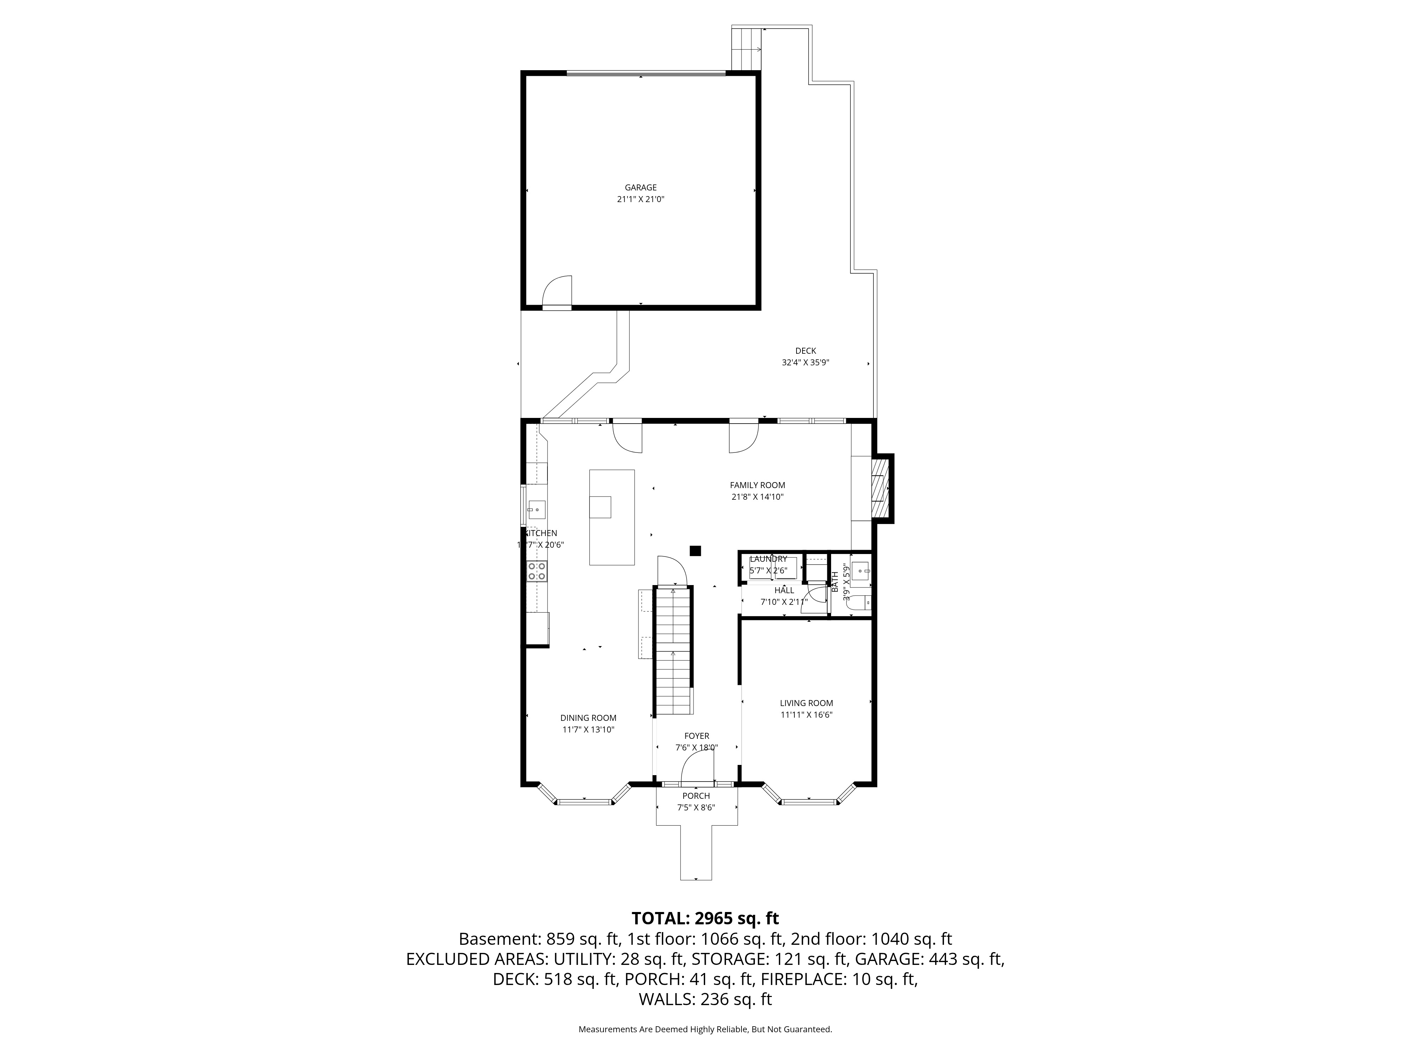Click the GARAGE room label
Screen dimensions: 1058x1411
pyautogui.click(x=641, y=188)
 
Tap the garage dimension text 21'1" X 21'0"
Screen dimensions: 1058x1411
pyautogui.click(x=641, y=199)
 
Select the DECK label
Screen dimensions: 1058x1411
pyautogui.click(x=805, y=351)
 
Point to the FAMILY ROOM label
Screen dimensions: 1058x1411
pyautogui.click(x=757, y=485)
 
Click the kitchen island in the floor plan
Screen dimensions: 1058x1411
pyautogui.click(x=612, y=517)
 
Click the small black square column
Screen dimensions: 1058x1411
pyautogui.click(x=696, y=551)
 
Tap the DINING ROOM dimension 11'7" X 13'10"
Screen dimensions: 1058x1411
pyautogui.click(x=588, y=730)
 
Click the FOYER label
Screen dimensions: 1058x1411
pyautogui.click(x=697, y=736)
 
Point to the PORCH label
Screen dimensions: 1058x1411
pyautogui.click(x=696, y=796)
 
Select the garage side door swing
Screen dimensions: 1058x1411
pyautogui.click(x=556, y=291)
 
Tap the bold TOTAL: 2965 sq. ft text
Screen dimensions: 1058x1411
pyautogui.click(x=705, y=918)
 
